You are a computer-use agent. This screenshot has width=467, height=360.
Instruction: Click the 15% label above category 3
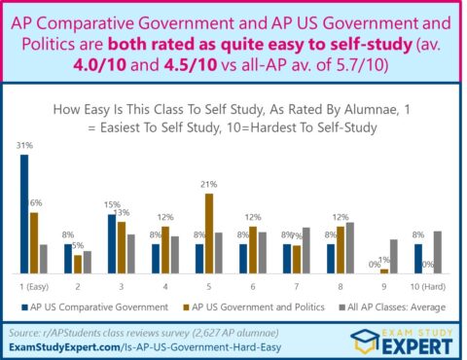[113, 204]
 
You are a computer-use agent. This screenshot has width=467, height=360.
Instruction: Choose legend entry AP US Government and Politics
[252, 307]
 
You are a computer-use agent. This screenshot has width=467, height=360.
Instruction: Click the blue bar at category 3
[112, 244]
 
